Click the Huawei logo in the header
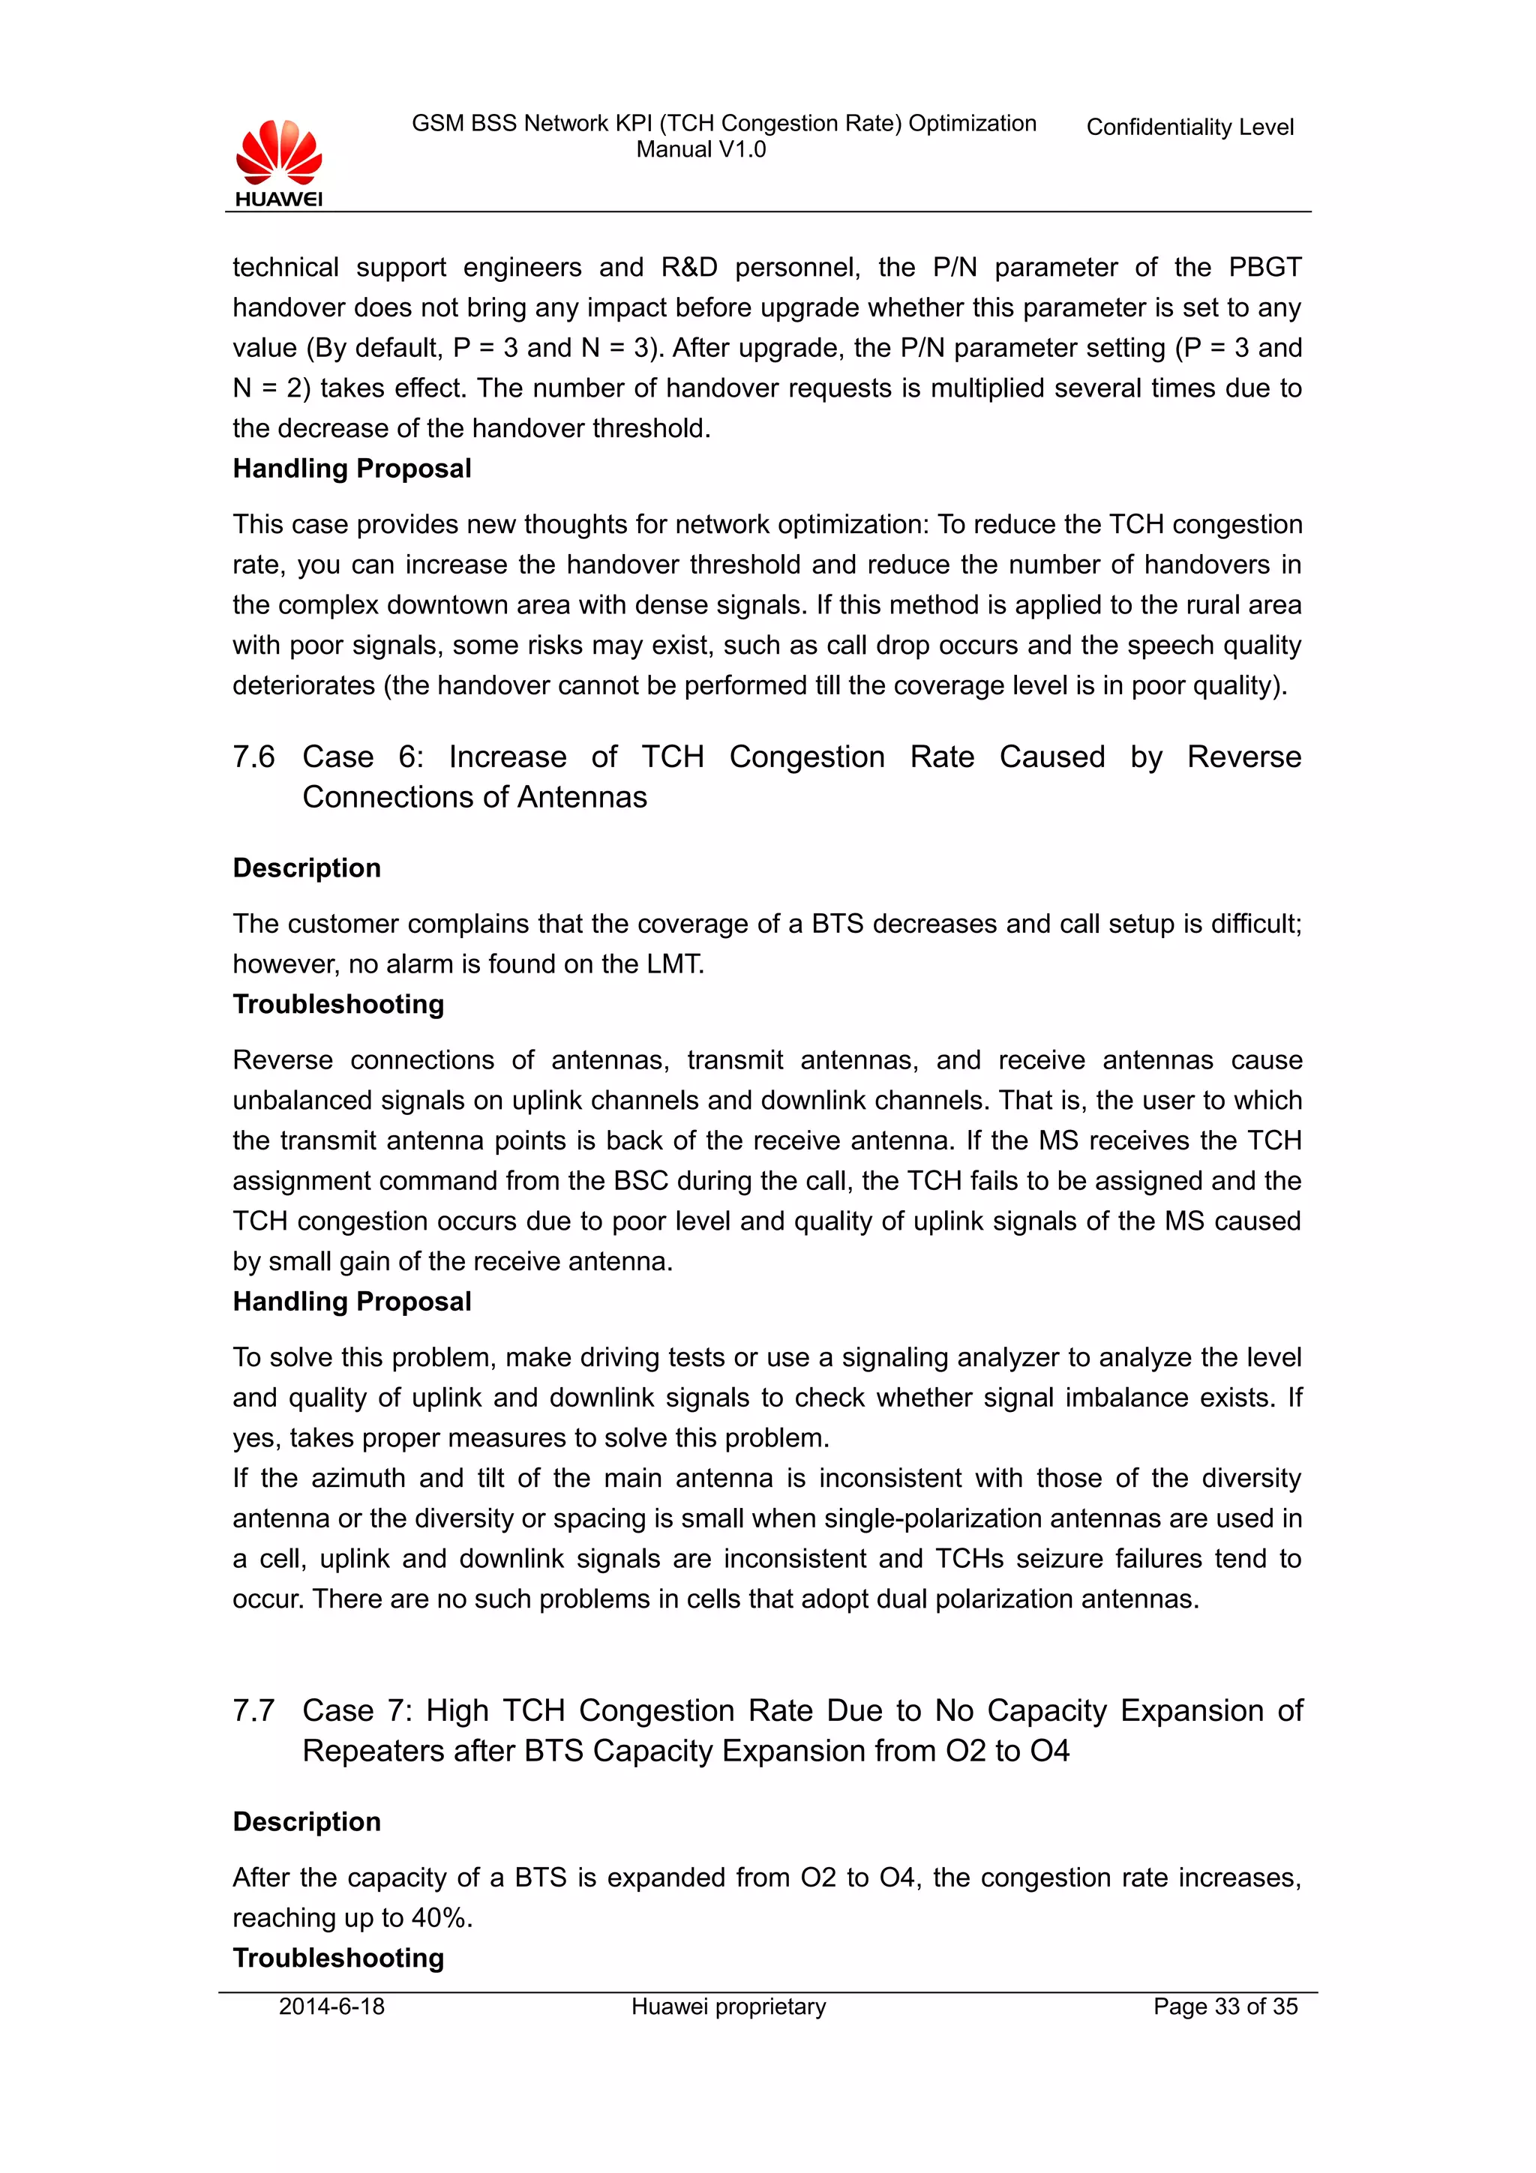279,163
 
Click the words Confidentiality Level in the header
1189,127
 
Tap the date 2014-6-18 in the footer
331,2007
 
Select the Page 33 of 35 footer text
1225,2007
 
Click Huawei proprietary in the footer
729,2007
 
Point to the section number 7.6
253,757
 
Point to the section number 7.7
253,1710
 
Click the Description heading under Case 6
307,868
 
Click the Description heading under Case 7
307,1822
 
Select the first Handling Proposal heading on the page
352,469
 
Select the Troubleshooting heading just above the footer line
337,1957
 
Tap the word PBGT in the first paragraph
1264,268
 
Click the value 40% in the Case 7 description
440,1917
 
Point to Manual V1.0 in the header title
700,149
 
